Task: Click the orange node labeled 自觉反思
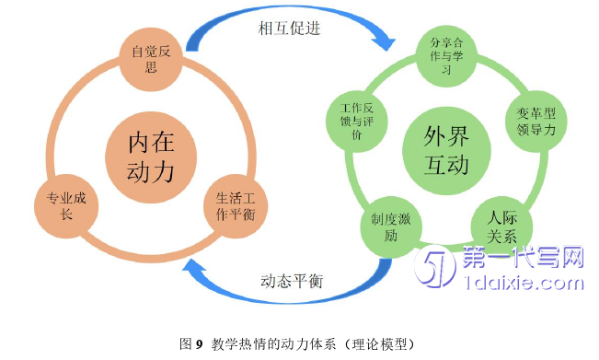(151, 59)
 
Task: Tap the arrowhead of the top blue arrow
(386, 41)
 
